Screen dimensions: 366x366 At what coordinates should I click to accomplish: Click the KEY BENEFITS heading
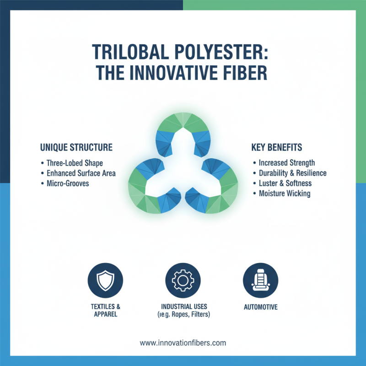(277, 148)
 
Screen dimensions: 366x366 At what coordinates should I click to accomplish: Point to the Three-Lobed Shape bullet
(75, 163)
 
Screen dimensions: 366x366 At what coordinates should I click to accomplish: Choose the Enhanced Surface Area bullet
(81, 173)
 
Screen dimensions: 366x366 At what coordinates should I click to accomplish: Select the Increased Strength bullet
(286, 163)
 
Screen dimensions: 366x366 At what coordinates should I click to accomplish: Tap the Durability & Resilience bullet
(292, 173)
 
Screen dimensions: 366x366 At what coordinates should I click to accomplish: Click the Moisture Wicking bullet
(284, 194)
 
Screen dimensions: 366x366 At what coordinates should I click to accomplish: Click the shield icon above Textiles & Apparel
(104, 280)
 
